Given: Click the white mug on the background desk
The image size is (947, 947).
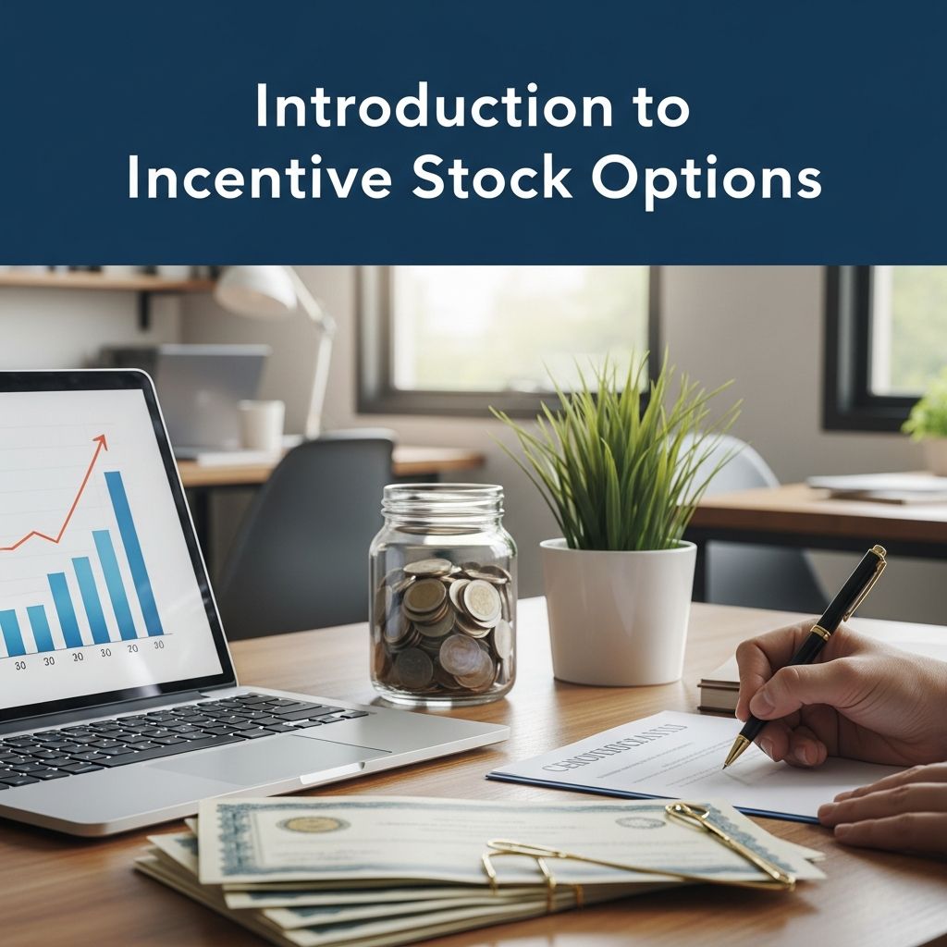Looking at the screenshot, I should (262, 424).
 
